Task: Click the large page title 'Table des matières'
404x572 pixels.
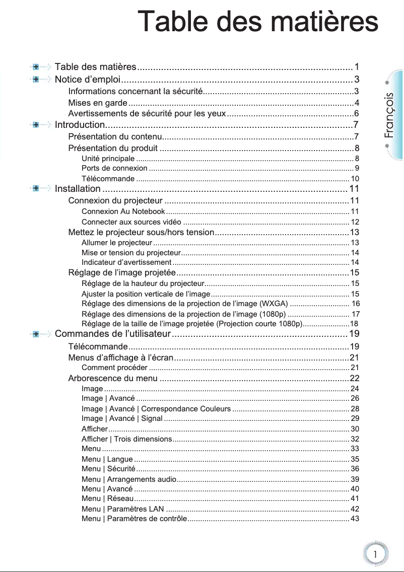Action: point(258,23)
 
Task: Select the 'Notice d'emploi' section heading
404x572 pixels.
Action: point(87,80)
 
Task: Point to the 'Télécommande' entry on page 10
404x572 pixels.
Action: point(108,179)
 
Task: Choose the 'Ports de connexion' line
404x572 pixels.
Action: point(114,168)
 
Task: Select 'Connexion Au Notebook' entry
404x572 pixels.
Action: point(123,211)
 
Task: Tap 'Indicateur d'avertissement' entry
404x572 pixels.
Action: point(126,262)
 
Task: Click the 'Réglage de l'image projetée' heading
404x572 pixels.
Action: point(121,273)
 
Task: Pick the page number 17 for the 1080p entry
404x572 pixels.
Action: point(355,314)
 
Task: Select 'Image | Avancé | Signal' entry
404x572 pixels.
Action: point(122,418)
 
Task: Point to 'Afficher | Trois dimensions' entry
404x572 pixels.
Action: point(127,439)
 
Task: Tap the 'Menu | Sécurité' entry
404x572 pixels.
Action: point(107,469)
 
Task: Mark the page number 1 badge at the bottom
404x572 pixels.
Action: point(375,554)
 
